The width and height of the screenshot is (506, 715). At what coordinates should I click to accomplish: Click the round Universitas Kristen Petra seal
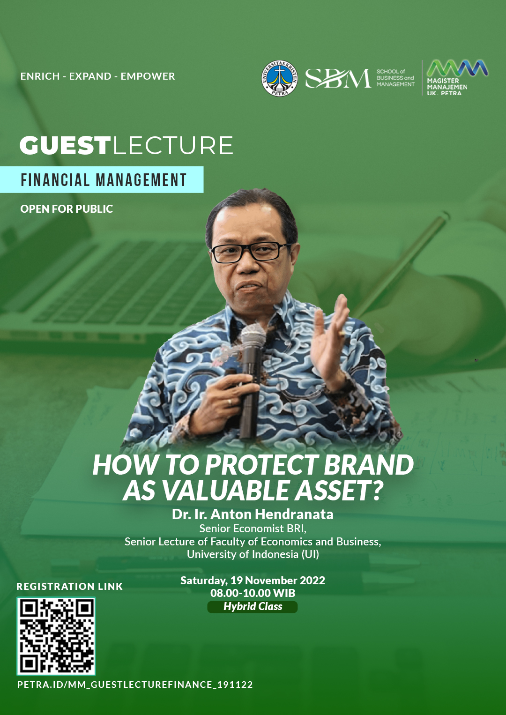point(279,78)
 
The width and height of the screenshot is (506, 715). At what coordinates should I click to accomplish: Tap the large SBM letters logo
point(338,78)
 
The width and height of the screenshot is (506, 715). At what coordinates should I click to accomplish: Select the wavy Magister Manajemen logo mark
point(457,68)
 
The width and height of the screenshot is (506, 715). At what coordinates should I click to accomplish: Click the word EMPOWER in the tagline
point(148,76)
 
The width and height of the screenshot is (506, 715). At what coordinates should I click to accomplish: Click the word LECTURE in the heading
point(173,146)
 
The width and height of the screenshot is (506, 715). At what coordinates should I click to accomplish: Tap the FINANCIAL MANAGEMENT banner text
point(104,180)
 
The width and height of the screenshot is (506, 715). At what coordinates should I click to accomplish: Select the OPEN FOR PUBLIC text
point(67,209)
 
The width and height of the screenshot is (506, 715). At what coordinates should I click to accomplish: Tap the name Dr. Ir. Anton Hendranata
point(253,514)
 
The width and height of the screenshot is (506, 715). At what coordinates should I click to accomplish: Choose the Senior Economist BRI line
point(253,529)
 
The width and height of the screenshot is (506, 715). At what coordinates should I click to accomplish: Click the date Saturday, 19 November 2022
point(253,581)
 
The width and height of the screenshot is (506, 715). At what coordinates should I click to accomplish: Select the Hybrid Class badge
point(253,606)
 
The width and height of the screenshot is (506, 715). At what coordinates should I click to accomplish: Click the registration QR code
point(56,636)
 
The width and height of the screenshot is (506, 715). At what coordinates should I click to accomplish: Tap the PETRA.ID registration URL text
point(135,685)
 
